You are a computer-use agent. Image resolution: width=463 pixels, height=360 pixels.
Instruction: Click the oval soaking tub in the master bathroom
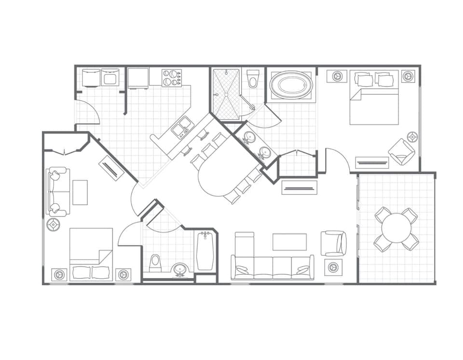coord(291,85)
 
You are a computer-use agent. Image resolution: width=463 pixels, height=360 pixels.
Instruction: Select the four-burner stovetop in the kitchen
coord(172,78)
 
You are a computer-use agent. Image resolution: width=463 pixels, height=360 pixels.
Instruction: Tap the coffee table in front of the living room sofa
coord(289,242)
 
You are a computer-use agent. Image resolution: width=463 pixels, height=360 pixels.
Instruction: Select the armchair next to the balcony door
coord(334,243)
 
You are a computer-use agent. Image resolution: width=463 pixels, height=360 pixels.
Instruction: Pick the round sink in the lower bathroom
coord(180,269)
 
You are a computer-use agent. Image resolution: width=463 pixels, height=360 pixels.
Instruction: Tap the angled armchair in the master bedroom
coord(402,152)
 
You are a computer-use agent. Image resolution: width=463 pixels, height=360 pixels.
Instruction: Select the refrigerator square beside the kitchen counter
coord(137,78)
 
